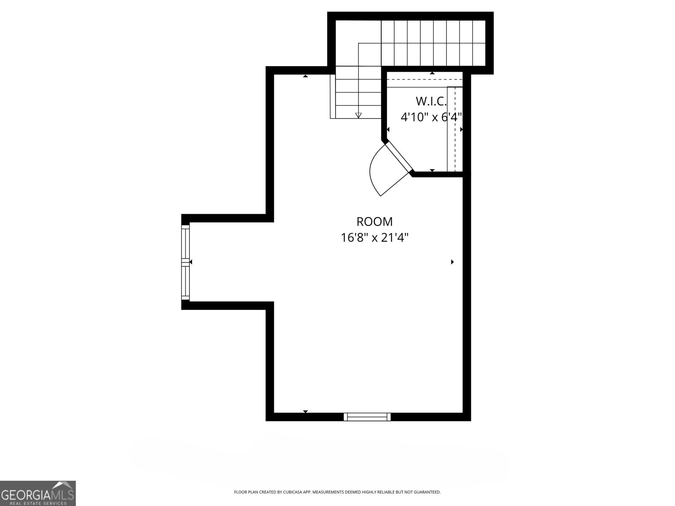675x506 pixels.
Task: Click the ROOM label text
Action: click(375, 222)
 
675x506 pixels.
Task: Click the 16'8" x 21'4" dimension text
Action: click(375, 238)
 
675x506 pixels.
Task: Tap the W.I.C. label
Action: click(430, 101)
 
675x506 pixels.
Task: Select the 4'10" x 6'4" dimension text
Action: click(431, 117)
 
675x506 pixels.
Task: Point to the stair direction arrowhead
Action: click(359, 115)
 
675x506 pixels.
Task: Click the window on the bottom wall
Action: click(367, 417)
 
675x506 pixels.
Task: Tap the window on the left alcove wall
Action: click(186, 262)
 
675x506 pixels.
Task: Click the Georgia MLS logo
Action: click(38, 493)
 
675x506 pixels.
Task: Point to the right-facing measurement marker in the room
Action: click(452, 262)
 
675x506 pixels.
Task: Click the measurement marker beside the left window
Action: click(191, 262)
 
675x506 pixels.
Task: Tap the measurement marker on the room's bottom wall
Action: click(305, 411)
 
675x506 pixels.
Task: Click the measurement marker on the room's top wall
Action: click(305, 76)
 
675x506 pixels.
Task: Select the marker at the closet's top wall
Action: click(432, 73)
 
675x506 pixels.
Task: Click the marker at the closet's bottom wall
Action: click(432, 170)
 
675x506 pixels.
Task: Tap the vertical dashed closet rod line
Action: click(455, 126)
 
